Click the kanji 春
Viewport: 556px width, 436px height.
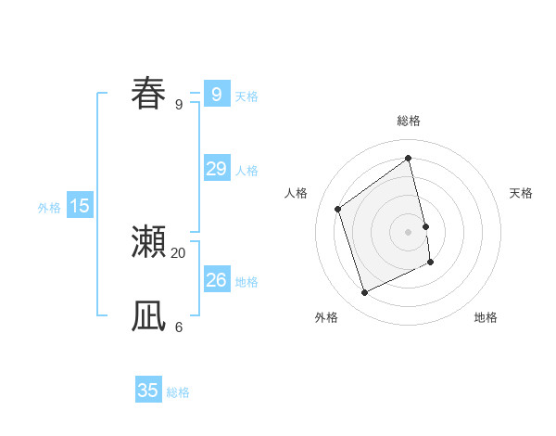[148, 94]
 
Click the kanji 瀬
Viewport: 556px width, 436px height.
[148, 241]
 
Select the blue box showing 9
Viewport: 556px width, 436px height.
[216, 94]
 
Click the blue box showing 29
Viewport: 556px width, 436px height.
[216, 169]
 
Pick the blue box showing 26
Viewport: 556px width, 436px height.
[216, 280]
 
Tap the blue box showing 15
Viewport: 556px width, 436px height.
[80, 206]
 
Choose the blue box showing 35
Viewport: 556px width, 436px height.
[148, 391]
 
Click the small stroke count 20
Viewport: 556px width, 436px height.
[179, 252]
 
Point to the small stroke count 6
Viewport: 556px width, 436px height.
[179, 327]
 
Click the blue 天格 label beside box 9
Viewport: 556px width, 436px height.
[246, 96]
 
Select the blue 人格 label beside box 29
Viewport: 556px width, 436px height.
[246, 171]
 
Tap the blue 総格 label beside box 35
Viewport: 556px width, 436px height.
[178, 392]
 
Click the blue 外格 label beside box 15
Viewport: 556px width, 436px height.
[49, 208]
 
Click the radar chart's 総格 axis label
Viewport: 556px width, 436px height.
[409, 121]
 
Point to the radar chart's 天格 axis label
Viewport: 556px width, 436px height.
[522, 193]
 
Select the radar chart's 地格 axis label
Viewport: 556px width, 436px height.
[486, 317]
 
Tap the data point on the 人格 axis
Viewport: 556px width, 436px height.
[337, 209]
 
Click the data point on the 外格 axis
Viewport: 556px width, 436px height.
[364, 293]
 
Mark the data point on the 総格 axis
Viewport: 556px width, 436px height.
[409, 158]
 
